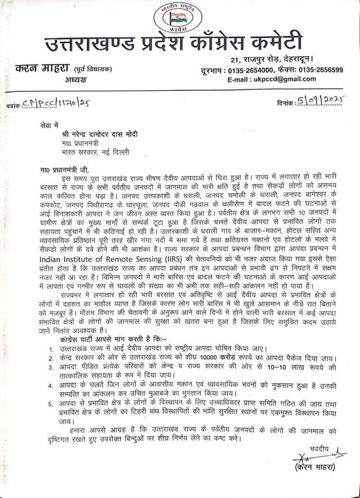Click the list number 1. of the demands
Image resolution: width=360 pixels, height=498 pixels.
click(x=52, y=349)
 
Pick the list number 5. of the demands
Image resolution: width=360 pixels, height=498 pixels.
click(x=52, y=405)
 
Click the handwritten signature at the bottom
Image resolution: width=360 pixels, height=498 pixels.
click(x=306, y=457)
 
